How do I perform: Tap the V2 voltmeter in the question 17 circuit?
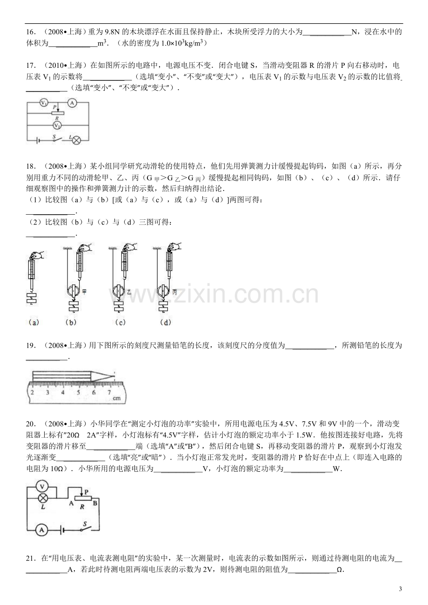point(57,125)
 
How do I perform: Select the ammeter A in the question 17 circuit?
point(72,103)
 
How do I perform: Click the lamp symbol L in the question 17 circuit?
point(77,140)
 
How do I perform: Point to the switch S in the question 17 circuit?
point(57,139)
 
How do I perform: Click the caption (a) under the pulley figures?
point(33,322)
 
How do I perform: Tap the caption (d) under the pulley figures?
point(166,322)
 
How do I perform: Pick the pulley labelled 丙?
point(163,290)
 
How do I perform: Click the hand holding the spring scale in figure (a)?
point(37,255)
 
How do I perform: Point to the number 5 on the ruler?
point(79,393)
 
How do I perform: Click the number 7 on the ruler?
point(109,393)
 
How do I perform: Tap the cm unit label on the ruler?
point(117,398)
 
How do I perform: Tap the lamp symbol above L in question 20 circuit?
point(42,498)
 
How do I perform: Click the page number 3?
point(401,589)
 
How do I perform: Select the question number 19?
point(31,345)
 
